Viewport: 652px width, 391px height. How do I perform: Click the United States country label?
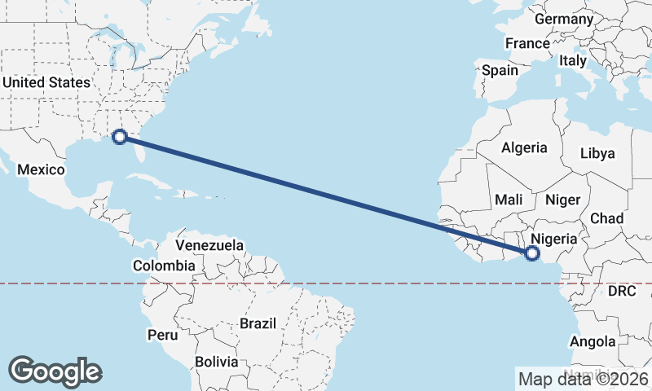click(46, 82)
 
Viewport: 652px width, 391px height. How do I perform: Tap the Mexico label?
click(41, 169)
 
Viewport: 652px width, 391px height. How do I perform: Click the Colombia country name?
click(164, 266)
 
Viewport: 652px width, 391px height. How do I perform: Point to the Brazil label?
click(259, 323)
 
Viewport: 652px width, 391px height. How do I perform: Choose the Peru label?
click(162, 335)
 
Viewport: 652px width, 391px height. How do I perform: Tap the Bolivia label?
click(217, 362)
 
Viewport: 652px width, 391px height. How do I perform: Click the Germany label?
click(564, 19)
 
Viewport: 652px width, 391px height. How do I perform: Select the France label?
click(527, 43)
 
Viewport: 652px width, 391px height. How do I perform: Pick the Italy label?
click(573, 60)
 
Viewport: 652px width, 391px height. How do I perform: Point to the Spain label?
click(500, 70)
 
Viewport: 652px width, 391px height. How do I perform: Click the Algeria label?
click(524, 148)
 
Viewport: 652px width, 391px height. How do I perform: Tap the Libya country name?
click(597, 153)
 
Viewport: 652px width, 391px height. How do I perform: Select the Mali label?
click(509, 200)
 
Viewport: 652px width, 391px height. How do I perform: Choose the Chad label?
click(606, 218)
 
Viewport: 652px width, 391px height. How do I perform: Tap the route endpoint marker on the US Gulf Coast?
click(120, 136)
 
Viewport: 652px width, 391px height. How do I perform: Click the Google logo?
click(55, 371)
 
